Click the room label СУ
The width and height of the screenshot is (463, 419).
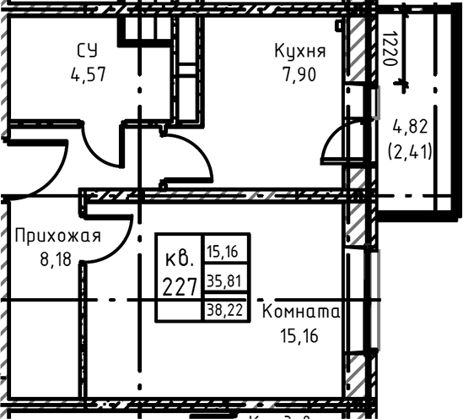(x=87, y=52)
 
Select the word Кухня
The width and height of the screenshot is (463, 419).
(x=299, y=52)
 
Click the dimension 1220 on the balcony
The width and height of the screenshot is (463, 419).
(x=389, y=52)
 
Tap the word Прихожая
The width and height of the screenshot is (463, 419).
(x=57, y=236)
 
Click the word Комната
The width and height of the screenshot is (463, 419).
(x=301, y=313)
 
